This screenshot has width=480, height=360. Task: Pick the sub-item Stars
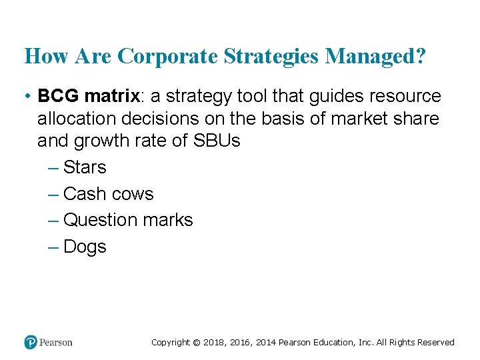[85, 167]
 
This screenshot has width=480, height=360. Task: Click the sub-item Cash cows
[108, 194]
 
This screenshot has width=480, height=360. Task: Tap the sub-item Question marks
[128, 220]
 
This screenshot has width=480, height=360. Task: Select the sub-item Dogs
[85, 247]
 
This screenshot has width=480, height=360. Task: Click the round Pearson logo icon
[31, 342]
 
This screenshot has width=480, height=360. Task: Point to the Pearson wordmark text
[56, 343]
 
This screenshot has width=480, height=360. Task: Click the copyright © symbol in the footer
[196, 343]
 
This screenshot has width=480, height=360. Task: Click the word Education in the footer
[330, 343]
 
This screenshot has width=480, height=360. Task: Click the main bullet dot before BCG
[27, 97]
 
